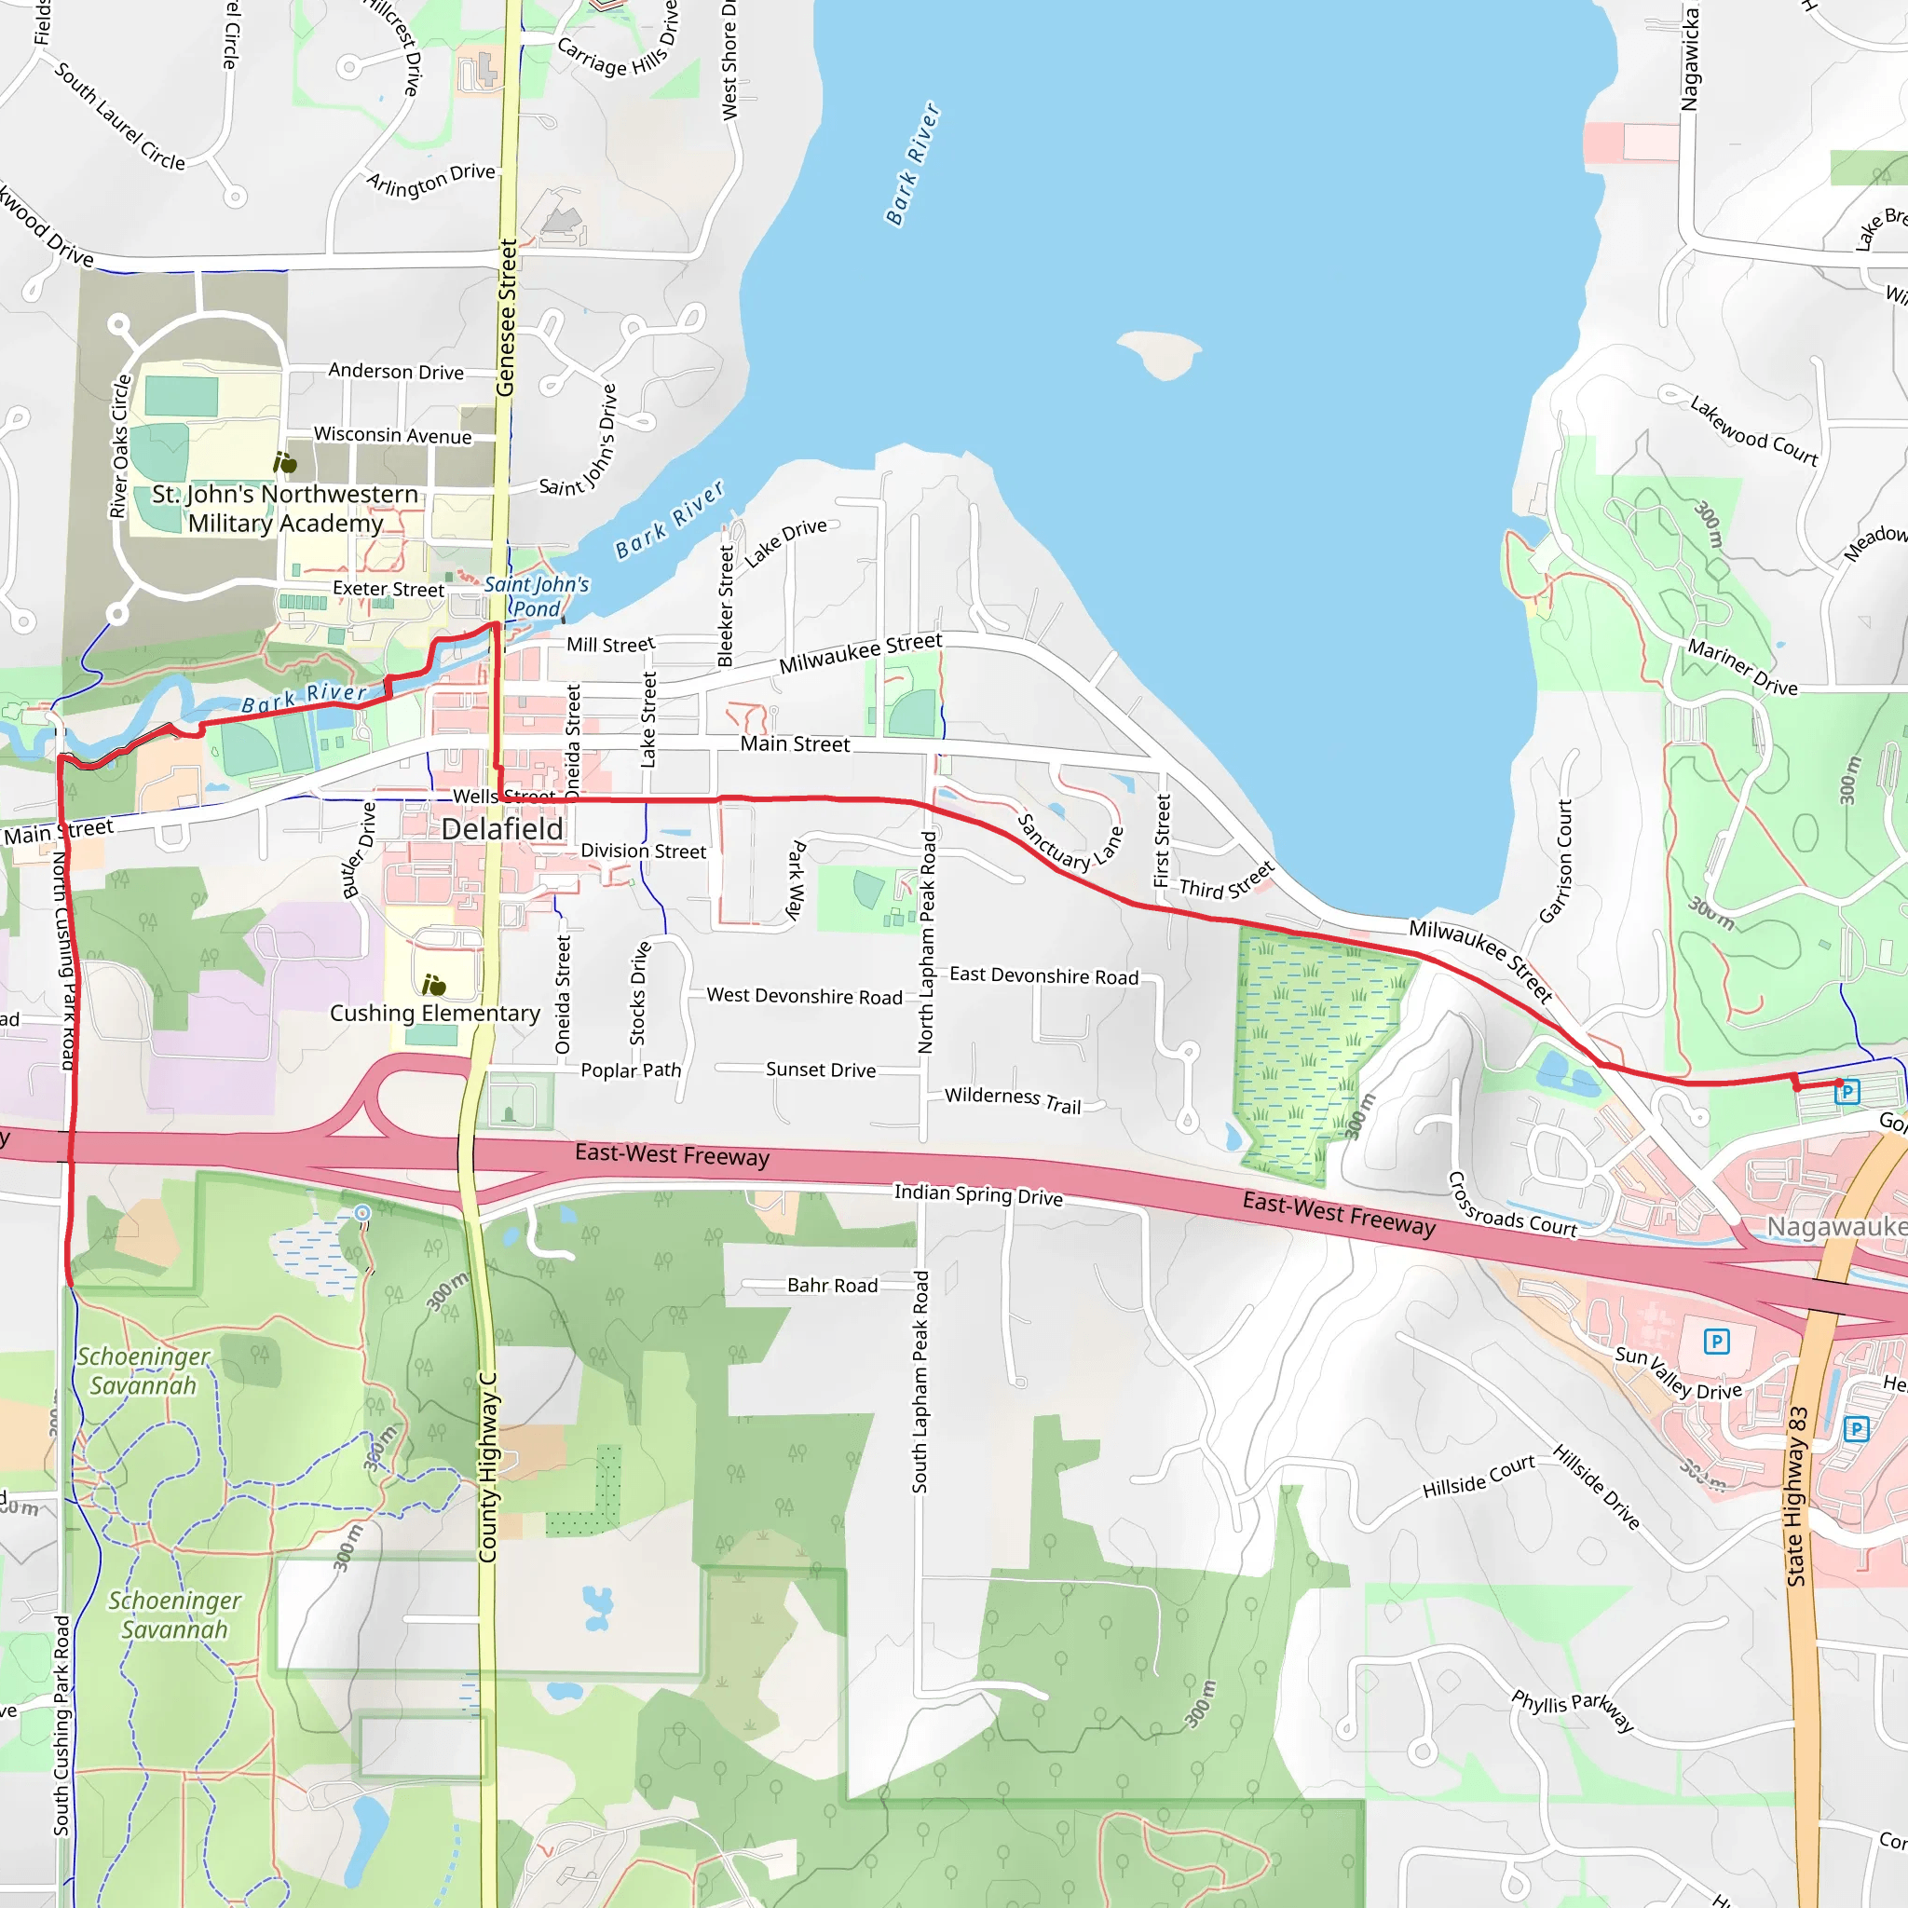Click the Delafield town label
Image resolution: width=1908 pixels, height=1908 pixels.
[x=502, y=828]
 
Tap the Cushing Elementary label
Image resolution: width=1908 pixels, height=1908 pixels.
[x=434, y=1014]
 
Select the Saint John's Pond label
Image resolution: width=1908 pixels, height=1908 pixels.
[x=537, y=596]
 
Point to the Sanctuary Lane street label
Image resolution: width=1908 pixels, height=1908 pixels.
[x=1070, y=842]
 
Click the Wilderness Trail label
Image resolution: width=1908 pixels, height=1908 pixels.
[x=1013, y=1100]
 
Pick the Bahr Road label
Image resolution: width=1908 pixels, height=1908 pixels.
[x=832, y=1285]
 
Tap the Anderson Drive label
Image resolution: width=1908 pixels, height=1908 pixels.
[x=396, y=372]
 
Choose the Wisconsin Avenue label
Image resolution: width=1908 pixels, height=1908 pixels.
[x=392, y=435]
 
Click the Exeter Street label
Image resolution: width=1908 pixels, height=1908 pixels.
[x=388, y=589]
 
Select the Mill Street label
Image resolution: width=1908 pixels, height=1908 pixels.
[x=610, y=645]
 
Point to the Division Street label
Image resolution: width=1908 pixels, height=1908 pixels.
[x=643, y=851]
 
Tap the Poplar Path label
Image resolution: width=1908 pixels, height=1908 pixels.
[x=630, y=1070]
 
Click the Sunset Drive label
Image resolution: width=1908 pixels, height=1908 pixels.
[x=820, y=1070]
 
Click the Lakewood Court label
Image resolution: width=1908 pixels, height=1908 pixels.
[x=1753, y=430]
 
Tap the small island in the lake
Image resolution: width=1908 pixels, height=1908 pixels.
[x=1161, y=352]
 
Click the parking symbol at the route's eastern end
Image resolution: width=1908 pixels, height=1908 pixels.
[x=1847, y=1091]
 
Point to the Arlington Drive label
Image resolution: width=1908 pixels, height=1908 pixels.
[x=430, y=180]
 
